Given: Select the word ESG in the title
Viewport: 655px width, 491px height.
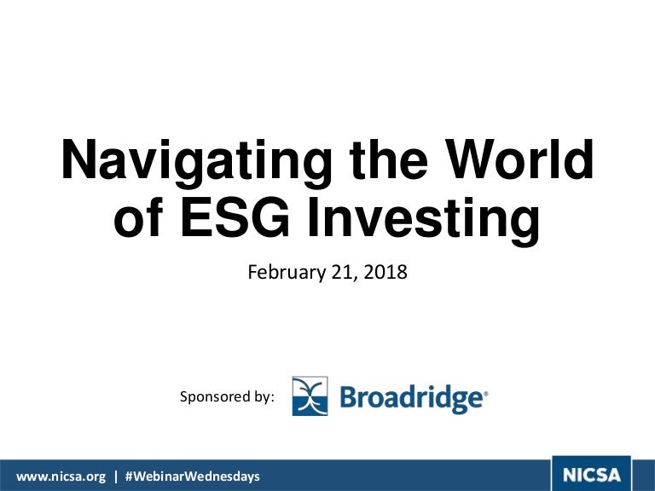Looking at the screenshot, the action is pos(235,217).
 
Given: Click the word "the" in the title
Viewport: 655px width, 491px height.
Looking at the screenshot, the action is pos(389,159).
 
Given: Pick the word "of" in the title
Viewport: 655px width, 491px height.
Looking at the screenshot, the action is pos(138,217).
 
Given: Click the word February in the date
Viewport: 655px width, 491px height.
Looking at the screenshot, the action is pos(287,273).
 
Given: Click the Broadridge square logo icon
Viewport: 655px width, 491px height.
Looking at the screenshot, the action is pos(310,396).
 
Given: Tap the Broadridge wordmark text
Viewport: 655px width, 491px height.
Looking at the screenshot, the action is pos(411,398).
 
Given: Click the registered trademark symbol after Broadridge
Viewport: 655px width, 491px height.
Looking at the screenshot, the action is pos(485,393).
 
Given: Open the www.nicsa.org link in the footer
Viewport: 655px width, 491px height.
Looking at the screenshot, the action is pos(61,477).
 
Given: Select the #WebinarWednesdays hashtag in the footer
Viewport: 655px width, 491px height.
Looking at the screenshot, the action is pos(193,477).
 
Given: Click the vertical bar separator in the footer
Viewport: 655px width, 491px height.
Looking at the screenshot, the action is pos(116,477).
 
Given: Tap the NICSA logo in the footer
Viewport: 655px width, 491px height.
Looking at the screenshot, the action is pos(592,474).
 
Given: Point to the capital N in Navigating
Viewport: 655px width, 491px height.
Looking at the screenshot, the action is pos(79,159).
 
